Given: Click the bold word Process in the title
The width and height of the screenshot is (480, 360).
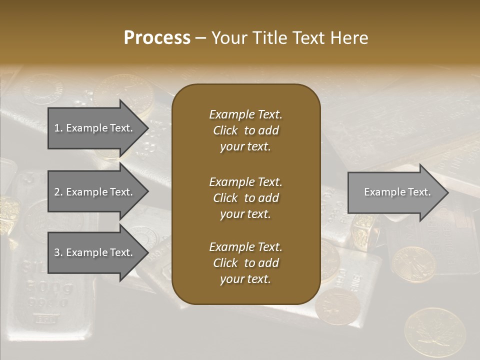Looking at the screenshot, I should point(157,37).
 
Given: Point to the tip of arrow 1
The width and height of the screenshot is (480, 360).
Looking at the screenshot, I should point(147,128).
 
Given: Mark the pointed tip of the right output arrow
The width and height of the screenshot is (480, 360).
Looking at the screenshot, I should point(447,192).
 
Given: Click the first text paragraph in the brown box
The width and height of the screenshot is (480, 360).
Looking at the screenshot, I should point(245,130).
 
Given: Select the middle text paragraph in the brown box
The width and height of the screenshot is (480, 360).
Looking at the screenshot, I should point(245,198).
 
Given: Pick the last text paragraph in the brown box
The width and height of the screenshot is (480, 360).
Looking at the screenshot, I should point(245,263).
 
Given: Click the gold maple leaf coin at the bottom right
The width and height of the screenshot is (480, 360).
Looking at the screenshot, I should point(434,333).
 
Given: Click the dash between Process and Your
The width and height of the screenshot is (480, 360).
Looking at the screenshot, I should point(200,38).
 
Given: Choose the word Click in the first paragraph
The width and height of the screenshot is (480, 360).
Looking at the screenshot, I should point(225,130).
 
